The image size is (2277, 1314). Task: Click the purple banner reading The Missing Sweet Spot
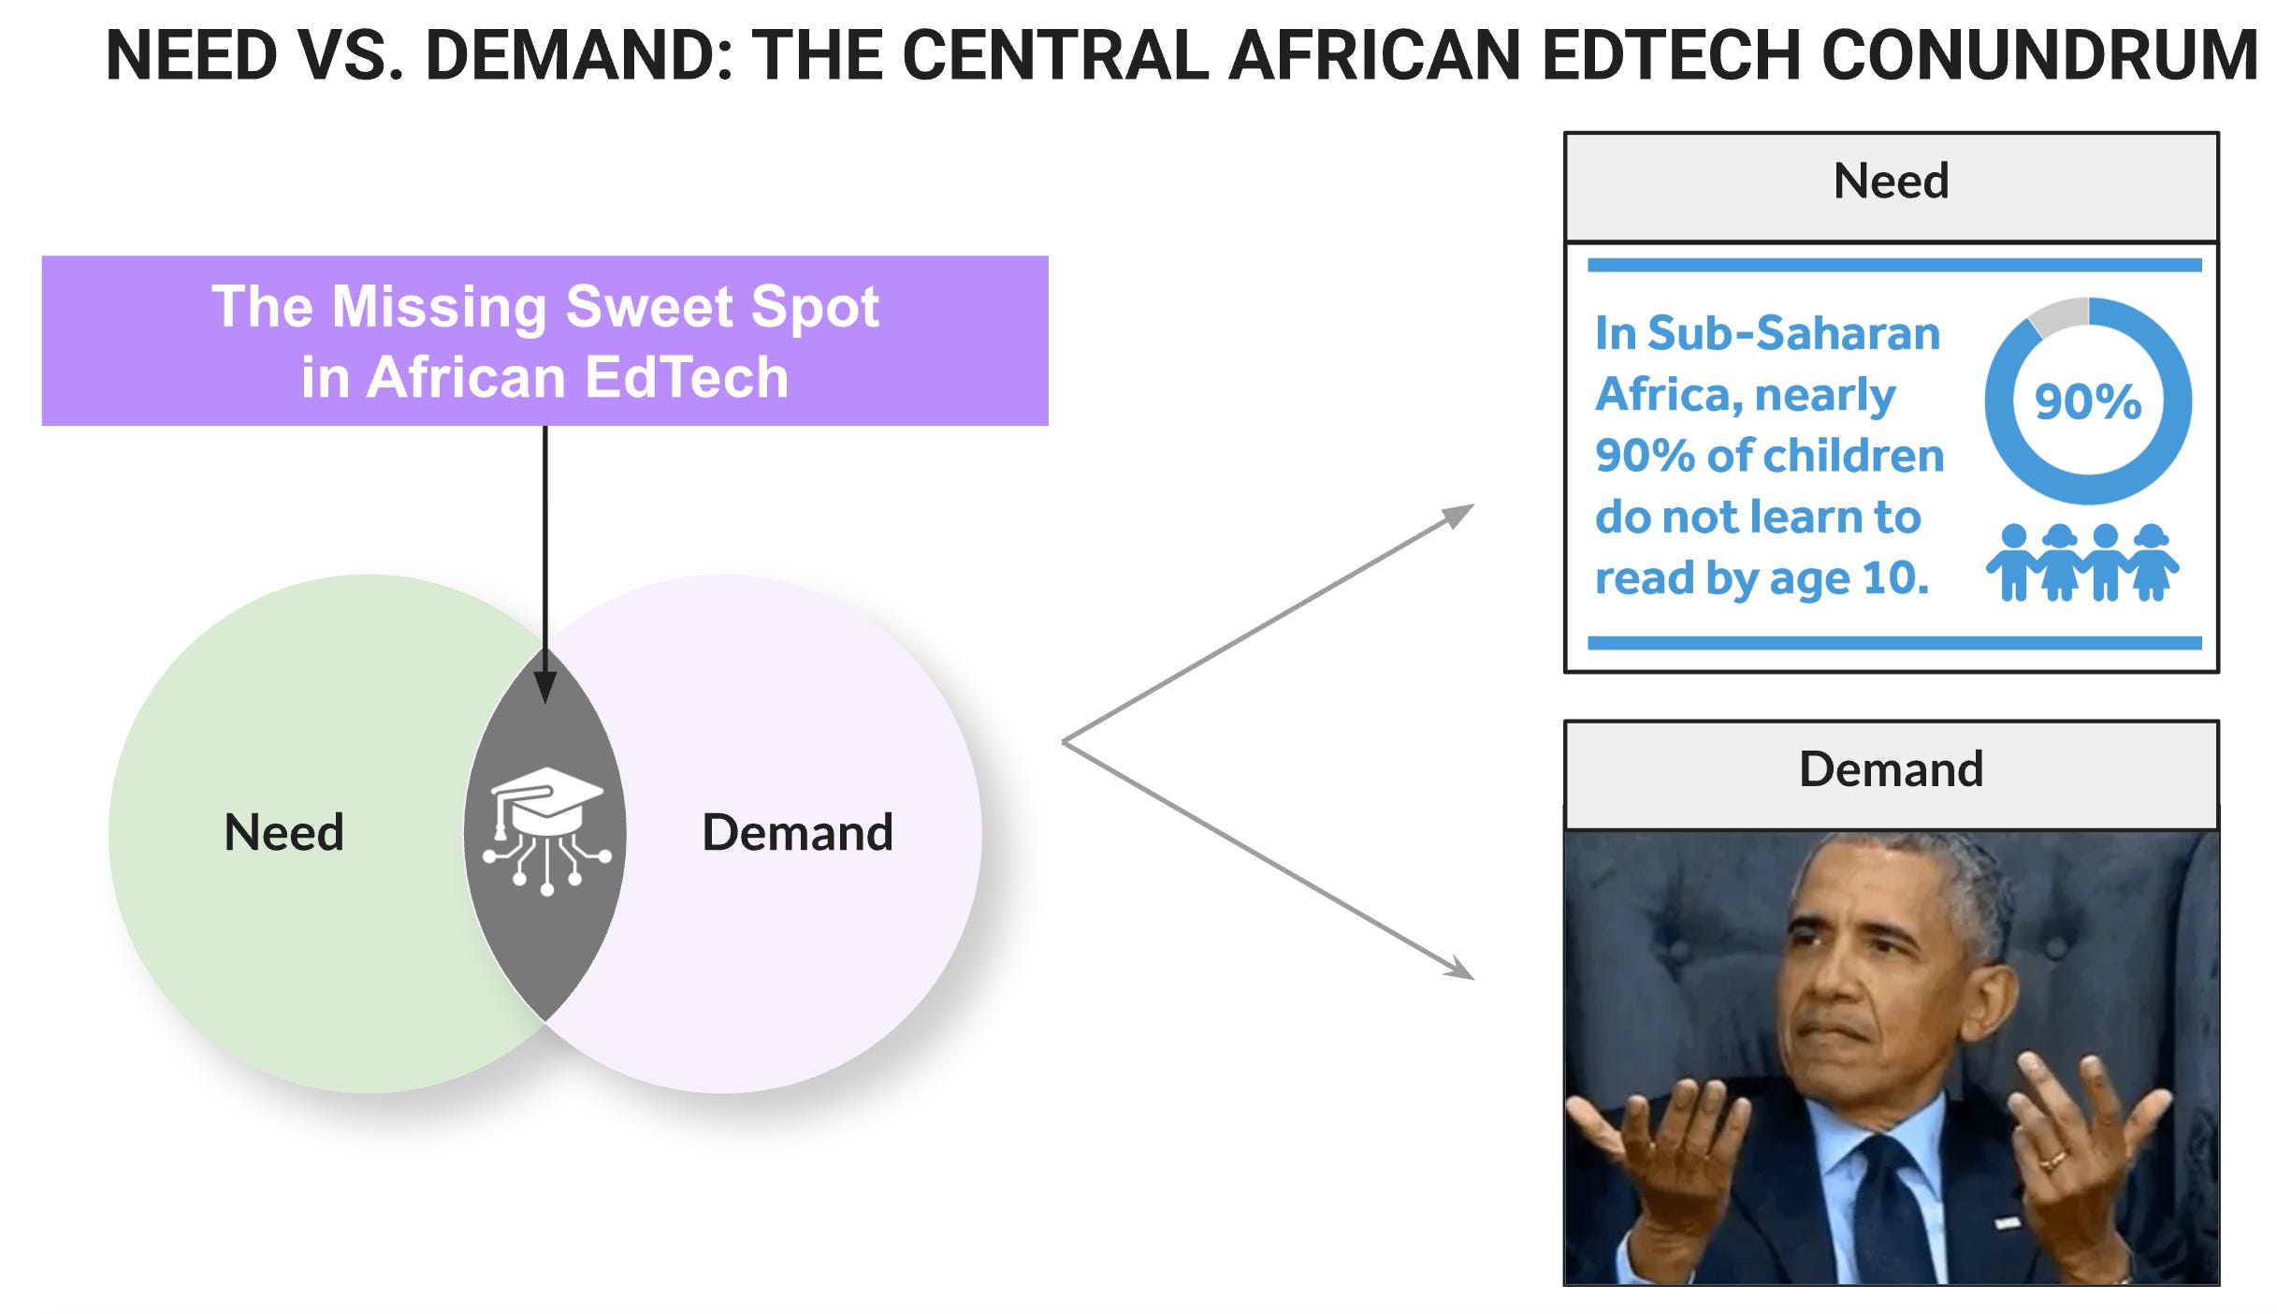point(545,341)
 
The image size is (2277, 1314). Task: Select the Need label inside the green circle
point(284,832)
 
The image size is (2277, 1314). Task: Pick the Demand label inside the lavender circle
point(798,832)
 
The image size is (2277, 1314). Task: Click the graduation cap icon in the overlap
point(546,830)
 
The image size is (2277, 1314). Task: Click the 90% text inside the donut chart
point(2088,401)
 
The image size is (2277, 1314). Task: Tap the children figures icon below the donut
point(2083,562)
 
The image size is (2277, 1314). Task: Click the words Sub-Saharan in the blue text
point(1794,333)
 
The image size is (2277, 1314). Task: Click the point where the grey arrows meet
point(1064,741)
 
